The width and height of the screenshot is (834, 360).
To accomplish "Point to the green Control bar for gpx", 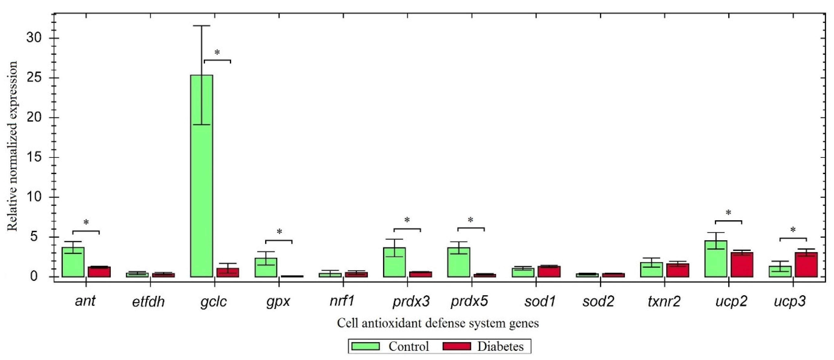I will pyautogui.click(x=266, y=267).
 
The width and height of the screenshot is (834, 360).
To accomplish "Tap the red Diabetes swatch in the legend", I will pyautogui.click(x=456, y=346).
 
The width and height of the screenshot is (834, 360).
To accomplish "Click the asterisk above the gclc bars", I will pyautogui.click(x=217, y=53).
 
